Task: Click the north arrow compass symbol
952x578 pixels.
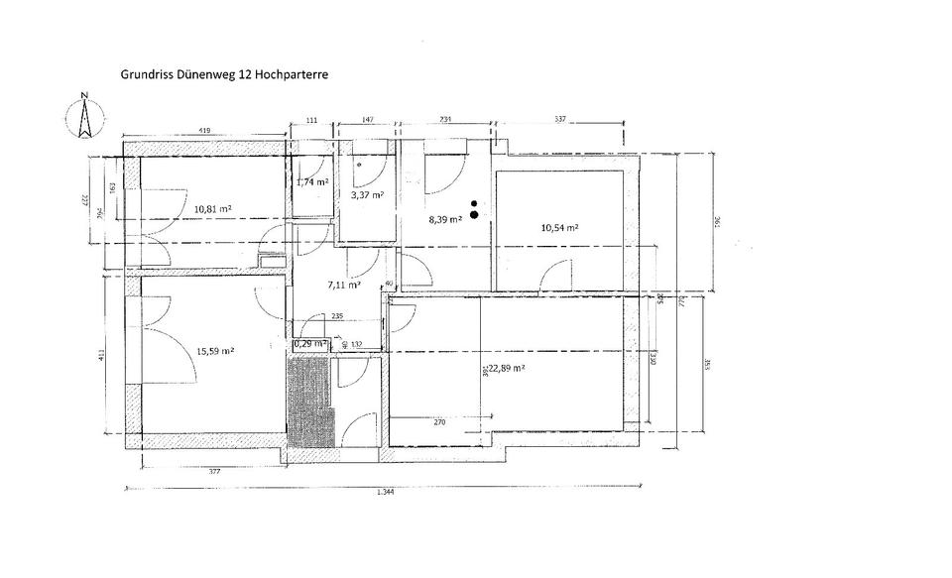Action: click(x=85, y=116)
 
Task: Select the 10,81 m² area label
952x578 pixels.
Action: click(x=213, y=209)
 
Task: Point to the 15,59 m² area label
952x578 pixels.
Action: click(x=215, y=350)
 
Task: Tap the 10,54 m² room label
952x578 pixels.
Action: click(x=559, y=227)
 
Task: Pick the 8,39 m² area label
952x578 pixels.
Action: click(x=445, y=219)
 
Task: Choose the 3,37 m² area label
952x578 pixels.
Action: click(x=367, y=195)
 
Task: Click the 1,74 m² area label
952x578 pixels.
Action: click(x=312, y=182)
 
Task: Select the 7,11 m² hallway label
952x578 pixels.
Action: click(x=343, y=284)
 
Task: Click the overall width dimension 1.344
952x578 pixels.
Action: click(x=385, y=493)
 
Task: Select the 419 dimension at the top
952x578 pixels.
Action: click(x=203, y=129)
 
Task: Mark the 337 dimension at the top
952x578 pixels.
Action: click(x=559, y=120)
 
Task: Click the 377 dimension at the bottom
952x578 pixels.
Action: click(x=215, y=473)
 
